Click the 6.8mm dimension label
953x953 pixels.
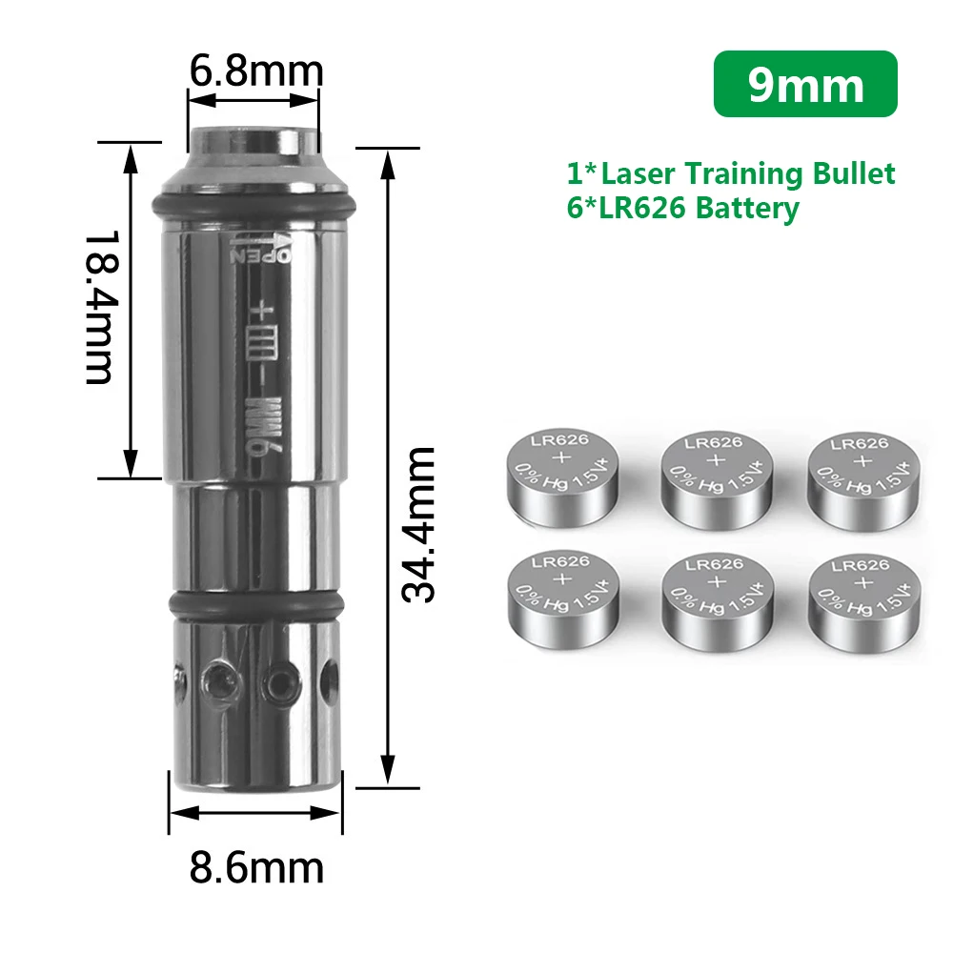[256, 71]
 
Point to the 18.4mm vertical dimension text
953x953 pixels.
[98, 307]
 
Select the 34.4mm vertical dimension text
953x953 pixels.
[418, 524]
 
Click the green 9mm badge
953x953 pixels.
[805, 84]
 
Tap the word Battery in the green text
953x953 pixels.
[747, 209]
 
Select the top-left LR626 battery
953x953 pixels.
[563, 478]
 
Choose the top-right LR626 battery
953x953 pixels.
[863, 482]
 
